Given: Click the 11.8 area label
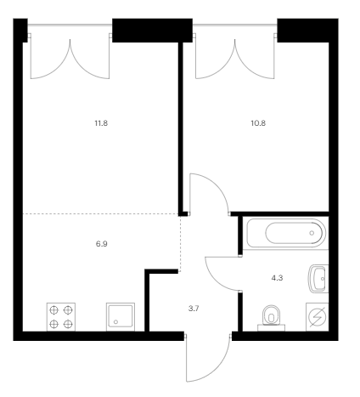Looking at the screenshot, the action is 101,123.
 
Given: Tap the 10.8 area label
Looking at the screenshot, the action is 258,123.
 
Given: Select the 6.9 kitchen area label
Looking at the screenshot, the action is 102,244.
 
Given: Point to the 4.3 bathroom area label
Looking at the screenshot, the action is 277,278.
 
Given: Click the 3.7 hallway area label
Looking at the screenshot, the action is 194,309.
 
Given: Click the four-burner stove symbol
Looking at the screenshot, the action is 61,317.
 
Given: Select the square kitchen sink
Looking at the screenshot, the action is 121,317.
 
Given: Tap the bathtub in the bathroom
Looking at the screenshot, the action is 286,233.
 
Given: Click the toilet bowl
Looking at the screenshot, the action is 271,315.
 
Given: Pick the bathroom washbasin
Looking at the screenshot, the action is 318,279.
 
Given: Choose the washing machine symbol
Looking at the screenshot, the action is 318,317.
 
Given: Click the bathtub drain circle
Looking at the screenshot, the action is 312,233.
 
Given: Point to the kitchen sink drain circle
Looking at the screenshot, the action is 115,322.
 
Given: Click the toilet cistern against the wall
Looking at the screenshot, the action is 271,328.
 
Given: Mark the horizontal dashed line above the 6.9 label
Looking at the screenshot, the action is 100,213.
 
